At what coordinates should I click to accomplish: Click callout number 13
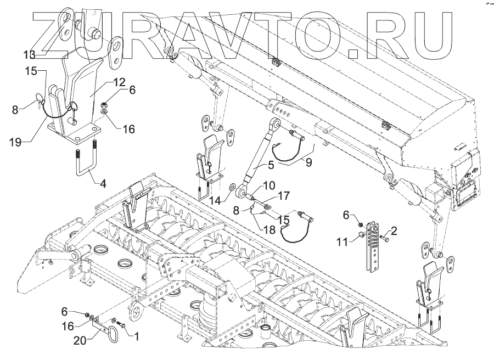click(29, 54)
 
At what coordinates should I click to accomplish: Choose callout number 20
click(83, 341)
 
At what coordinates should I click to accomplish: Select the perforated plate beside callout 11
click(373, 244)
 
